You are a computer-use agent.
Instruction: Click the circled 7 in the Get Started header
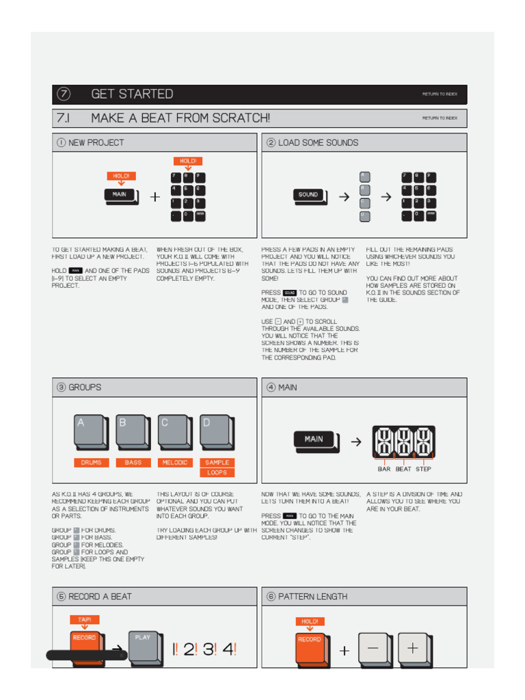tap(64, 94)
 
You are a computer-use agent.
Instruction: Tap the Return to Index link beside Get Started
tap(440, 94)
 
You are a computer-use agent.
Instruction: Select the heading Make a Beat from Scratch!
tap(180, 118)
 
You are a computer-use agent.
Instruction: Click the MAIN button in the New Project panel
tap(120, 195)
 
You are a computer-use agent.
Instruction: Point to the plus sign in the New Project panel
tap(156, 197)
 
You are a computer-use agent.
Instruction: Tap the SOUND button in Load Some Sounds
tap(309, 196)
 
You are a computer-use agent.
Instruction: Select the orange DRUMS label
tap(91, 463)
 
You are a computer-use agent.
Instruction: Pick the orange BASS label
tap(133, 463)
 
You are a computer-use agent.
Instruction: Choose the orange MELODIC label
tap(175, 463)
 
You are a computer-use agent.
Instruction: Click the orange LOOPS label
tap(217, 473)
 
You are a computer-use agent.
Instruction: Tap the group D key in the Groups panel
tap(217, 432)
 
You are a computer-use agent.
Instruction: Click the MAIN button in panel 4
tap(314, 440)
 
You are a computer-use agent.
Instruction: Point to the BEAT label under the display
tap(404, 470)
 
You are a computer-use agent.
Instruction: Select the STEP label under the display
tap(424, 470)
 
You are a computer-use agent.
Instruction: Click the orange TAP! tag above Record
tap(84, 620)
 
